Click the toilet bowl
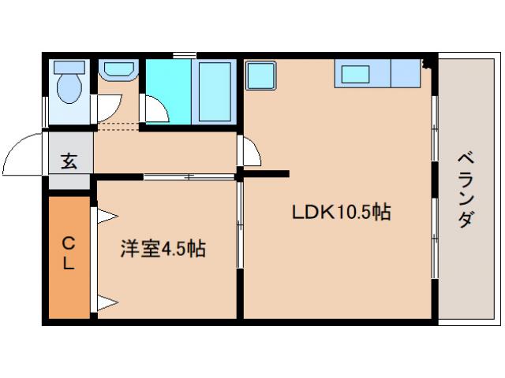click(x=69, y=85)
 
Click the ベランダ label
click(x=465, y=190)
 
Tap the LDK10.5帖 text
click(x=341, y=212)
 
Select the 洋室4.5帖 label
click(x=163, y=249)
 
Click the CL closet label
click(x=69, y=253)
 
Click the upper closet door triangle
click(x=105, y=215)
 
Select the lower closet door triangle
click(x=106, y=302)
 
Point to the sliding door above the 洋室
click(x=189, y=177)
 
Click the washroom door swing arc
click(x=110, y=107)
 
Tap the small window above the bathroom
click(x=185, y=54)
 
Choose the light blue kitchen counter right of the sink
click(x=406, y=73)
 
